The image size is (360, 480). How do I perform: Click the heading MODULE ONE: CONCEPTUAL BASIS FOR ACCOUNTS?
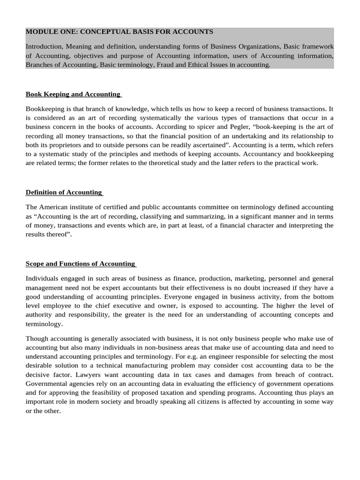pos(119,32)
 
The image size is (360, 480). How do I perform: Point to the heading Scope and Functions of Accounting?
pos(80,263)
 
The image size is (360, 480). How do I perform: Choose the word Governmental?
pos(47,383)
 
